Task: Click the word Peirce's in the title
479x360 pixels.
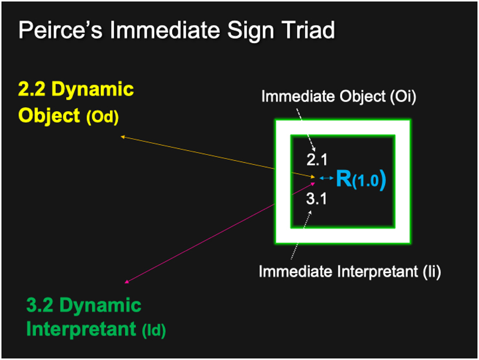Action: click(60, 30)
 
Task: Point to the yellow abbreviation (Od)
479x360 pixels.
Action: click(102, 116)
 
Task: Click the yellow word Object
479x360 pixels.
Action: click(49, 116)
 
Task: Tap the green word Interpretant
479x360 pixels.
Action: click(81, 329)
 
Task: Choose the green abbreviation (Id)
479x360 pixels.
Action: click(154, 330)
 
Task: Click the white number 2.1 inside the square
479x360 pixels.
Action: click(317, 160)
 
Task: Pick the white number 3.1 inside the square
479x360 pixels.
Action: click(317, 199)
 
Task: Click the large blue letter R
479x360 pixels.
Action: click(344, 179)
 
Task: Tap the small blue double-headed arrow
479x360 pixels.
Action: click(326, 178)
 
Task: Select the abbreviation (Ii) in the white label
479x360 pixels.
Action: click(432, 272)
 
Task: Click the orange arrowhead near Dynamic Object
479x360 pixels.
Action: click(123, 137)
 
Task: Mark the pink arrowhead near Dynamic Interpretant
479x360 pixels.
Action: click(127, 282)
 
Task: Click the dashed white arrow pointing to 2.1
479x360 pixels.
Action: click(306, 130)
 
